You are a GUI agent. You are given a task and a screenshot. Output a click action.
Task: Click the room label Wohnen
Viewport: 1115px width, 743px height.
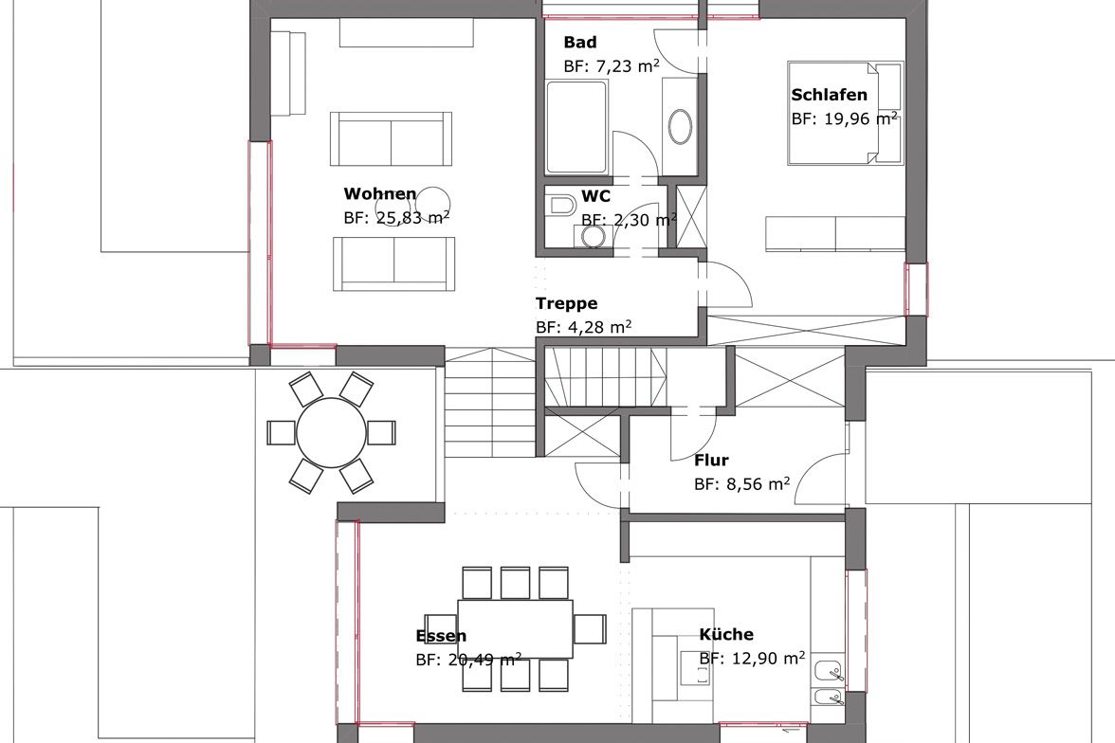click(x=379, y=193)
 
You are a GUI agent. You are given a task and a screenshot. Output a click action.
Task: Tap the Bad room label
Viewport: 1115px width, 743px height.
click(x=579, y=42)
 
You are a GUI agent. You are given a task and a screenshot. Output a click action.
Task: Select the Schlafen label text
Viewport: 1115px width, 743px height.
click(x=829, y=95)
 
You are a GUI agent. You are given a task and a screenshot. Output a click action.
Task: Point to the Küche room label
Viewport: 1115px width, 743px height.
click(x=726, y=634)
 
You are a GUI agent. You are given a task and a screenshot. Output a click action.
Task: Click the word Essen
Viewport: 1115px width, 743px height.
click(x=441, y=636)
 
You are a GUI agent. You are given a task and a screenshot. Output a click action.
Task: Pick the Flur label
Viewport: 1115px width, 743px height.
click(x=711, y=460)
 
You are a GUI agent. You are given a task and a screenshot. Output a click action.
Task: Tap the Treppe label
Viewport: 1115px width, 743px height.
click(x=566, y=304)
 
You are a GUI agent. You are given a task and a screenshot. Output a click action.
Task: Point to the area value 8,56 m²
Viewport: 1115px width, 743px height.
click(x=759, y=484)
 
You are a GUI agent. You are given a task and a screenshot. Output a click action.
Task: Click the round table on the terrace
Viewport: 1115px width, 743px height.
click(x=331, y=432)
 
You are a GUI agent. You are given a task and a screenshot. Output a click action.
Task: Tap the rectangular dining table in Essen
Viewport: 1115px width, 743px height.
click(x=515, y=629)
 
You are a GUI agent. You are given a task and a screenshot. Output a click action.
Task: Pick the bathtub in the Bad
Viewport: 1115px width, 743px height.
click(x=576, y=127)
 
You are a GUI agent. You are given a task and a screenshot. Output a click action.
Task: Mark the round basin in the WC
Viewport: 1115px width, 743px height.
click(x=593, y=237)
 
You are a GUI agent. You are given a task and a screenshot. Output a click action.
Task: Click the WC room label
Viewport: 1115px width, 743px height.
click(x=595, y=196)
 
